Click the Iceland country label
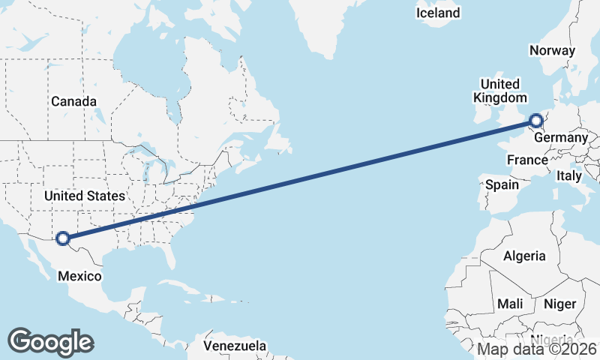438,13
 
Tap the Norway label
552,51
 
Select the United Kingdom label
499,91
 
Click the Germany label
561,138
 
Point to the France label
527,160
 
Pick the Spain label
502,184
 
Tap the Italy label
568,176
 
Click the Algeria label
524,256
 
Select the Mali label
510,304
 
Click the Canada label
73,101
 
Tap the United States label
84,196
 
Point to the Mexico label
79,276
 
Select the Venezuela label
235,346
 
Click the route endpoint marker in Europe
535,120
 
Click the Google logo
50,342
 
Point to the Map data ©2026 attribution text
537,349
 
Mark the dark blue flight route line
300,180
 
